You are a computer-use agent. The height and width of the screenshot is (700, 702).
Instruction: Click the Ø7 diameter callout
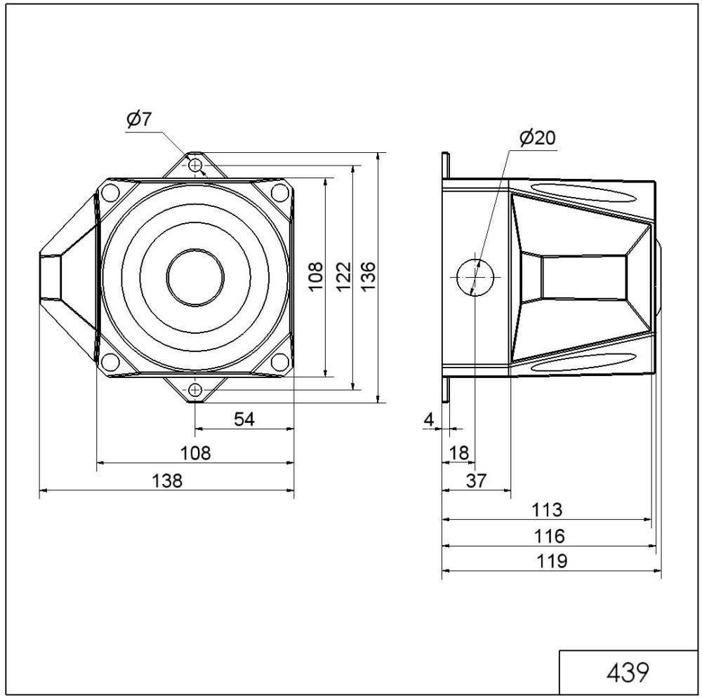pyautogui.click(x=139, y=119)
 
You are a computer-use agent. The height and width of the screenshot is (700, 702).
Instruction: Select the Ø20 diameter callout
pyautogui.click(x=537, y=137)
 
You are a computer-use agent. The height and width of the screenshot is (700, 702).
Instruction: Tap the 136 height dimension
pyautogui.click(x=368, y=276)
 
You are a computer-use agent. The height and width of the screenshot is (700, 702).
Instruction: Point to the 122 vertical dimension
pyautogui.click(x=343, y=276)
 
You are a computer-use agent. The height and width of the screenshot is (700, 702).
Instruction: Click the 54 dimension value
pyautogui.click(x=244, y=419)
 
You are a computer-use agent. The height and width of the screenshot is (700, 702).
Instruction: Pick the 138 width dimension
pyautogui.click(x=168, y=481)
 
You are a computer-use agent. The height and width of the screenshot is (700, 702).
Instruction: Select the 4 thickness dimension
pyautogui.click(x=429, y=419)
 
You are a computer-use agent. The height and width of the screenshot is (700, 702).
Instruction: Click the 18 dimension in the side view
pyautogui.click(x=459, y=453)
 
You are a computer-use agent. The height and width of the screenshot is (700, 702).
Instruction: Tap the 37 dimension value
pyautogui.click(x=476, y=481)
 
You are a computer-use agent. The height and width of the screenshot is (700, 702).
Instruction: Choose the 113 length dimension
pyautogui.click(x=547, y=509)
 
